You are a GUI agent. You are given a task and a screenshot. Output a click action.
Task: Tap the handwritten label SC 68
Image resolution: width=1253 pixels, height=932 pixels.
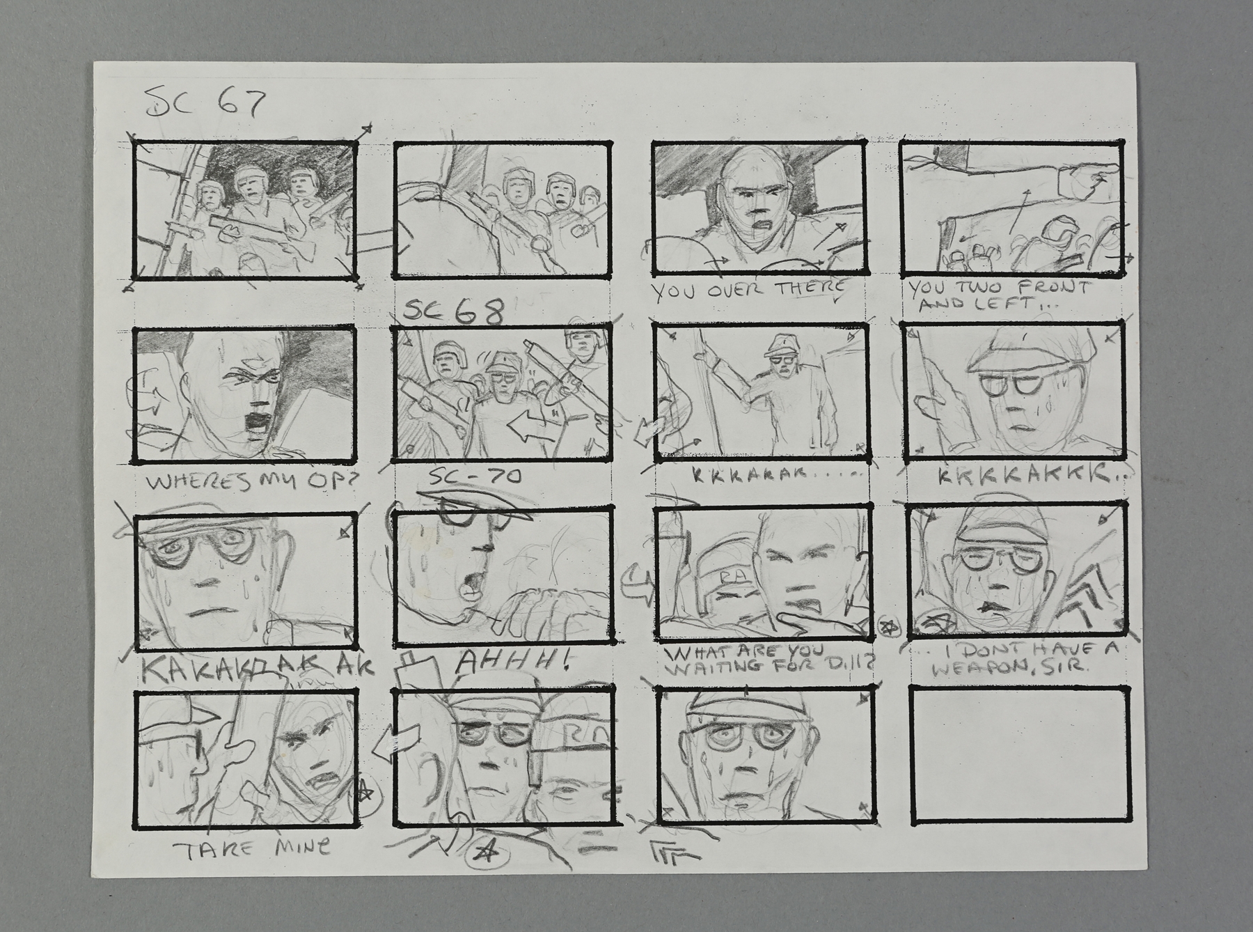(x=453, y=313)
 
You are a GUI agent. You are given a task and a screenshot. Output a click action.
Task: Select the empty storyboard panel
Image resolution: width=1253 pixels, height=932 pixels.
(x=1020, y=755)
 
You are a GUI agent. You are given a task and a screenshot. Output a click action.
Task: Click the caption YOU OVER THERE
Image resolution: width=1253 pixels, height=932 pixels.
(x=750, y=288)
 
